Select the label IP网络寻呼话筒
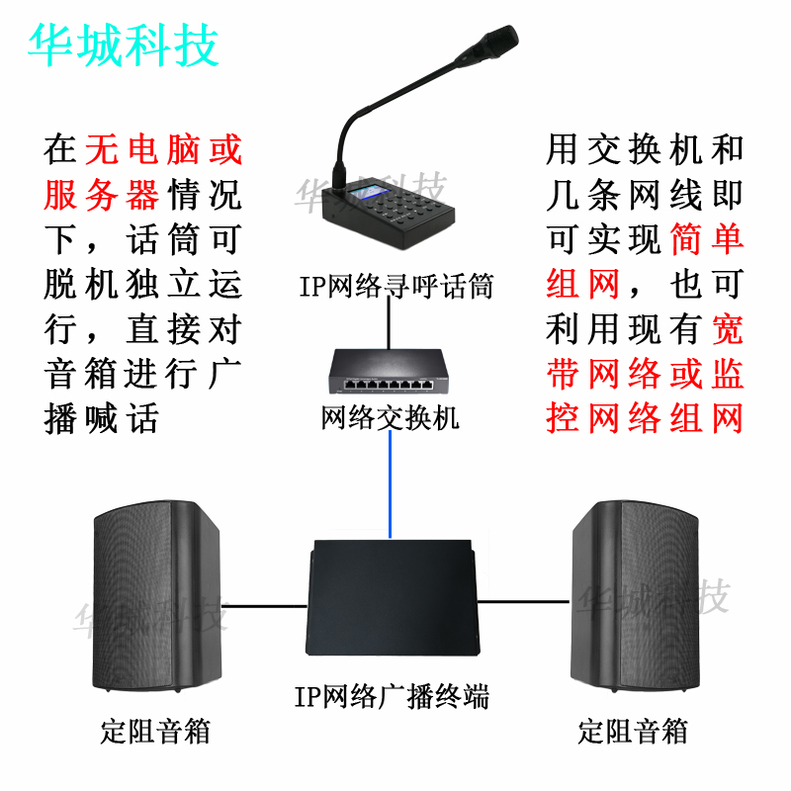396,287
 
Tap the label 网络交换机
391,418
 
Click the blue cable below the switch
392,484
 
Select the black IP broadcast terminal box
392,599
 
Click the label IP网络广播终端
392,696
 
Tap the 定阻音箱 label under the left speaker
155,733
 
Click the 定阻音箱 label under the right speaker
633,733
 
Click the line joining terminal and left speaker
267,602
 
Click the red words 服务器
102,195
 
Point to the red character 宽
728,329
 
